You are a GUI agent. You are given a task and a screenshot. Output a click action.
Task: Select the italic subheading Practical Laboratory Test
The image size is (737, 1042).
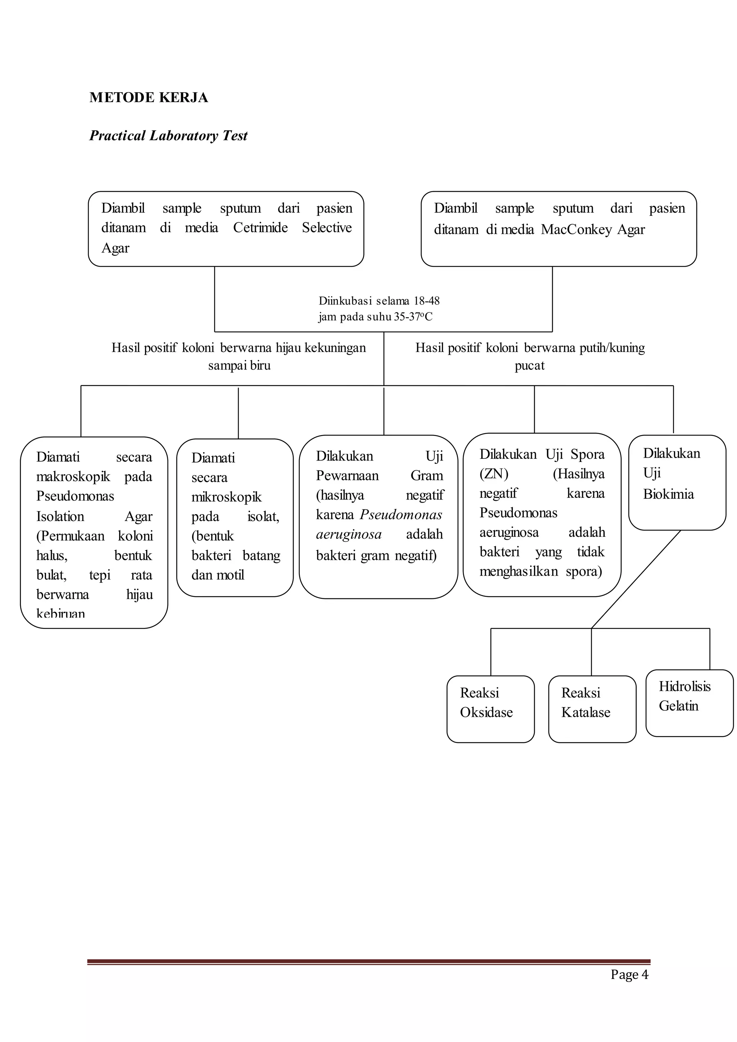pos(168,136)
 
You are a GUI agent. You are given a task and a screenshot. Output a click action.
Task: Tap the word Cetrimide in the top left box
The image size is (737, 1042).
pos(260,227)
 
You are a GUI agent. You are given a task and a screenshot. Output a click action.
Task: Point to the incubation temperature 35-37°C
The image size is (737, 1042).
pos(413,317)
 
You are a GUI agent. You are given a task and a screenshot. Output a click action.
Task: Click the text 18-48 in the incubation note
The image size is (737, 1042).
pos(426,301)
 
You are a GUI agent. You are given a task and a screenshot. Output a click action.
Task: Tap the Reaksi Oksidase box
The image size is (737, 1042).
pos(490,709)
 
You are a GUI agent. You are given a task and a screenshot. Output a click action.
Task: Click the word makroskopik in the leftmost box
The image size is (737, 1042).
pos(73,476)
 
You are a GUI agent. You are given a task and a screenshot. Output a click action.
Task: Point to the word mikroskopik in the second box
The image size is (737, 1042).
pos(226,497)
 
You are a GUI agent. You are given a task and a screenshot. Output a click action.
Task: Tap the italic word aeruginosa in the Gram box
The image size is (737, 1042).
pos(349,534)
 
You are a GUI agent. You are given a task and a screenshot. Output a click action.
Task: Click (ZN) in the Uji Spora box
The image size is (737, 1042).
pos(494,474)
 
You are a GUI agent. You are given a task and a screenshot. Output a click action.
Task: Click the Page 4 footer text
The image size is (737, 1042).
pos(629,974)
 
